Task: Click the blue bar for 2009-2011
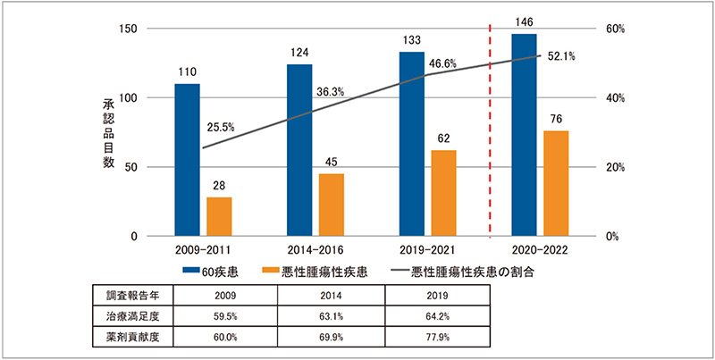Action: coord(187,160)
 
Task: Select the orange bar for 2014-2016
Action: coord(332,205)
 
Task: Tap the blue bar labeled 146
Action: coord(524,135)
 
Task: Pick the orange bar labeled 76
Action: coord(556,183)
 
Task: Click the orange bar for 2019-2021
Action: coord(443,193)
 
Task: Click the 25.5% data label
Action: coord(220,128)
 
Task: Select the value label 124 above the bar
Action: coord(299,54)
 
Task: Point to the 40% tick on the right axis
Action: coord(592,98)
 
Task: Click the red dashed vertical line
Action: coord(490,134)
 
